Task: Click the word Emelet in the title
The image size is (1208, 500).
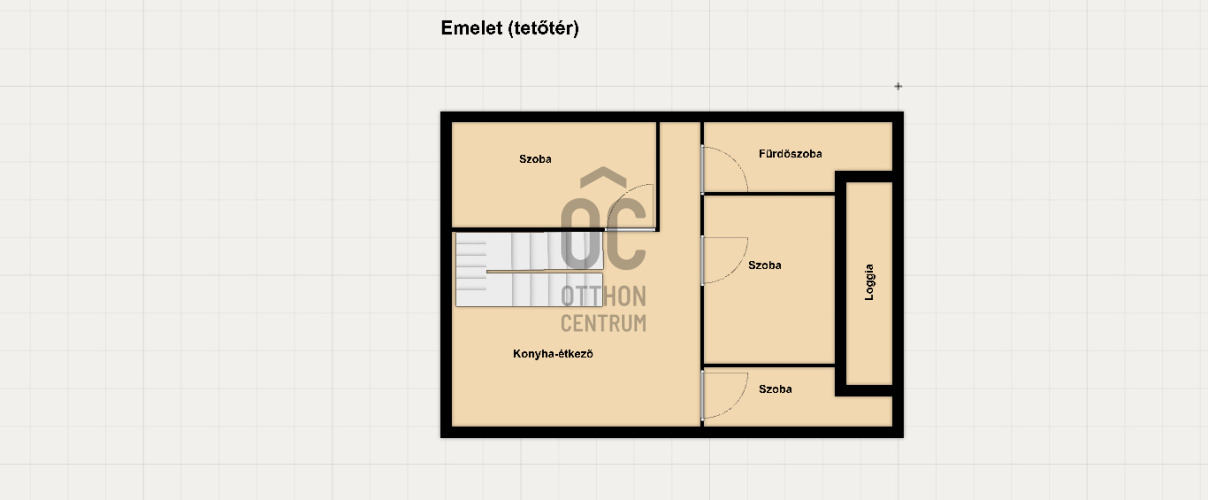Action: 472,28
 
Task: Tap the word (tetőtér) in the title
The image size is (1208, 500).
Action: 544,29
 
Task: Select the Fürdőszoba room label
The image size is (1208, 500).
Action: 790,154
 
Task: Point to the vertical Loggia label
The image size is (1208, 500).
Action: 869,282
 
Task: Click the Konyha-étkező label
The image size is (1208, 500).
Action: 553,354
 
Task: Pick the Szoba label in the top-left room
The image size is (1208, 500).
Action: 535,159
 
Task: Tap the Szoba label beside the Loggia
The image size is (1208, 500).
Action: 765,265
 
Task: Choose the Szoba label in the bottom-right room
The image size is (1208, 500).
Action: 775,389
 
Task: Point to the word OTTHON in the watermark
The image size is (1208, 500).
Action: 603,297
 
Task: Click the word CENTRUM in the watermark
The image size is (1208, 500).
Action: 603,324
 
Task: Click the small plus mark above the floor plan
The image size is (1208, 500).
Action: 898,86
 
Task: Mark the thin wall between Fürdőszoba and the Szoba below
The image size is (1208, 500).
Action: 769,193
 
